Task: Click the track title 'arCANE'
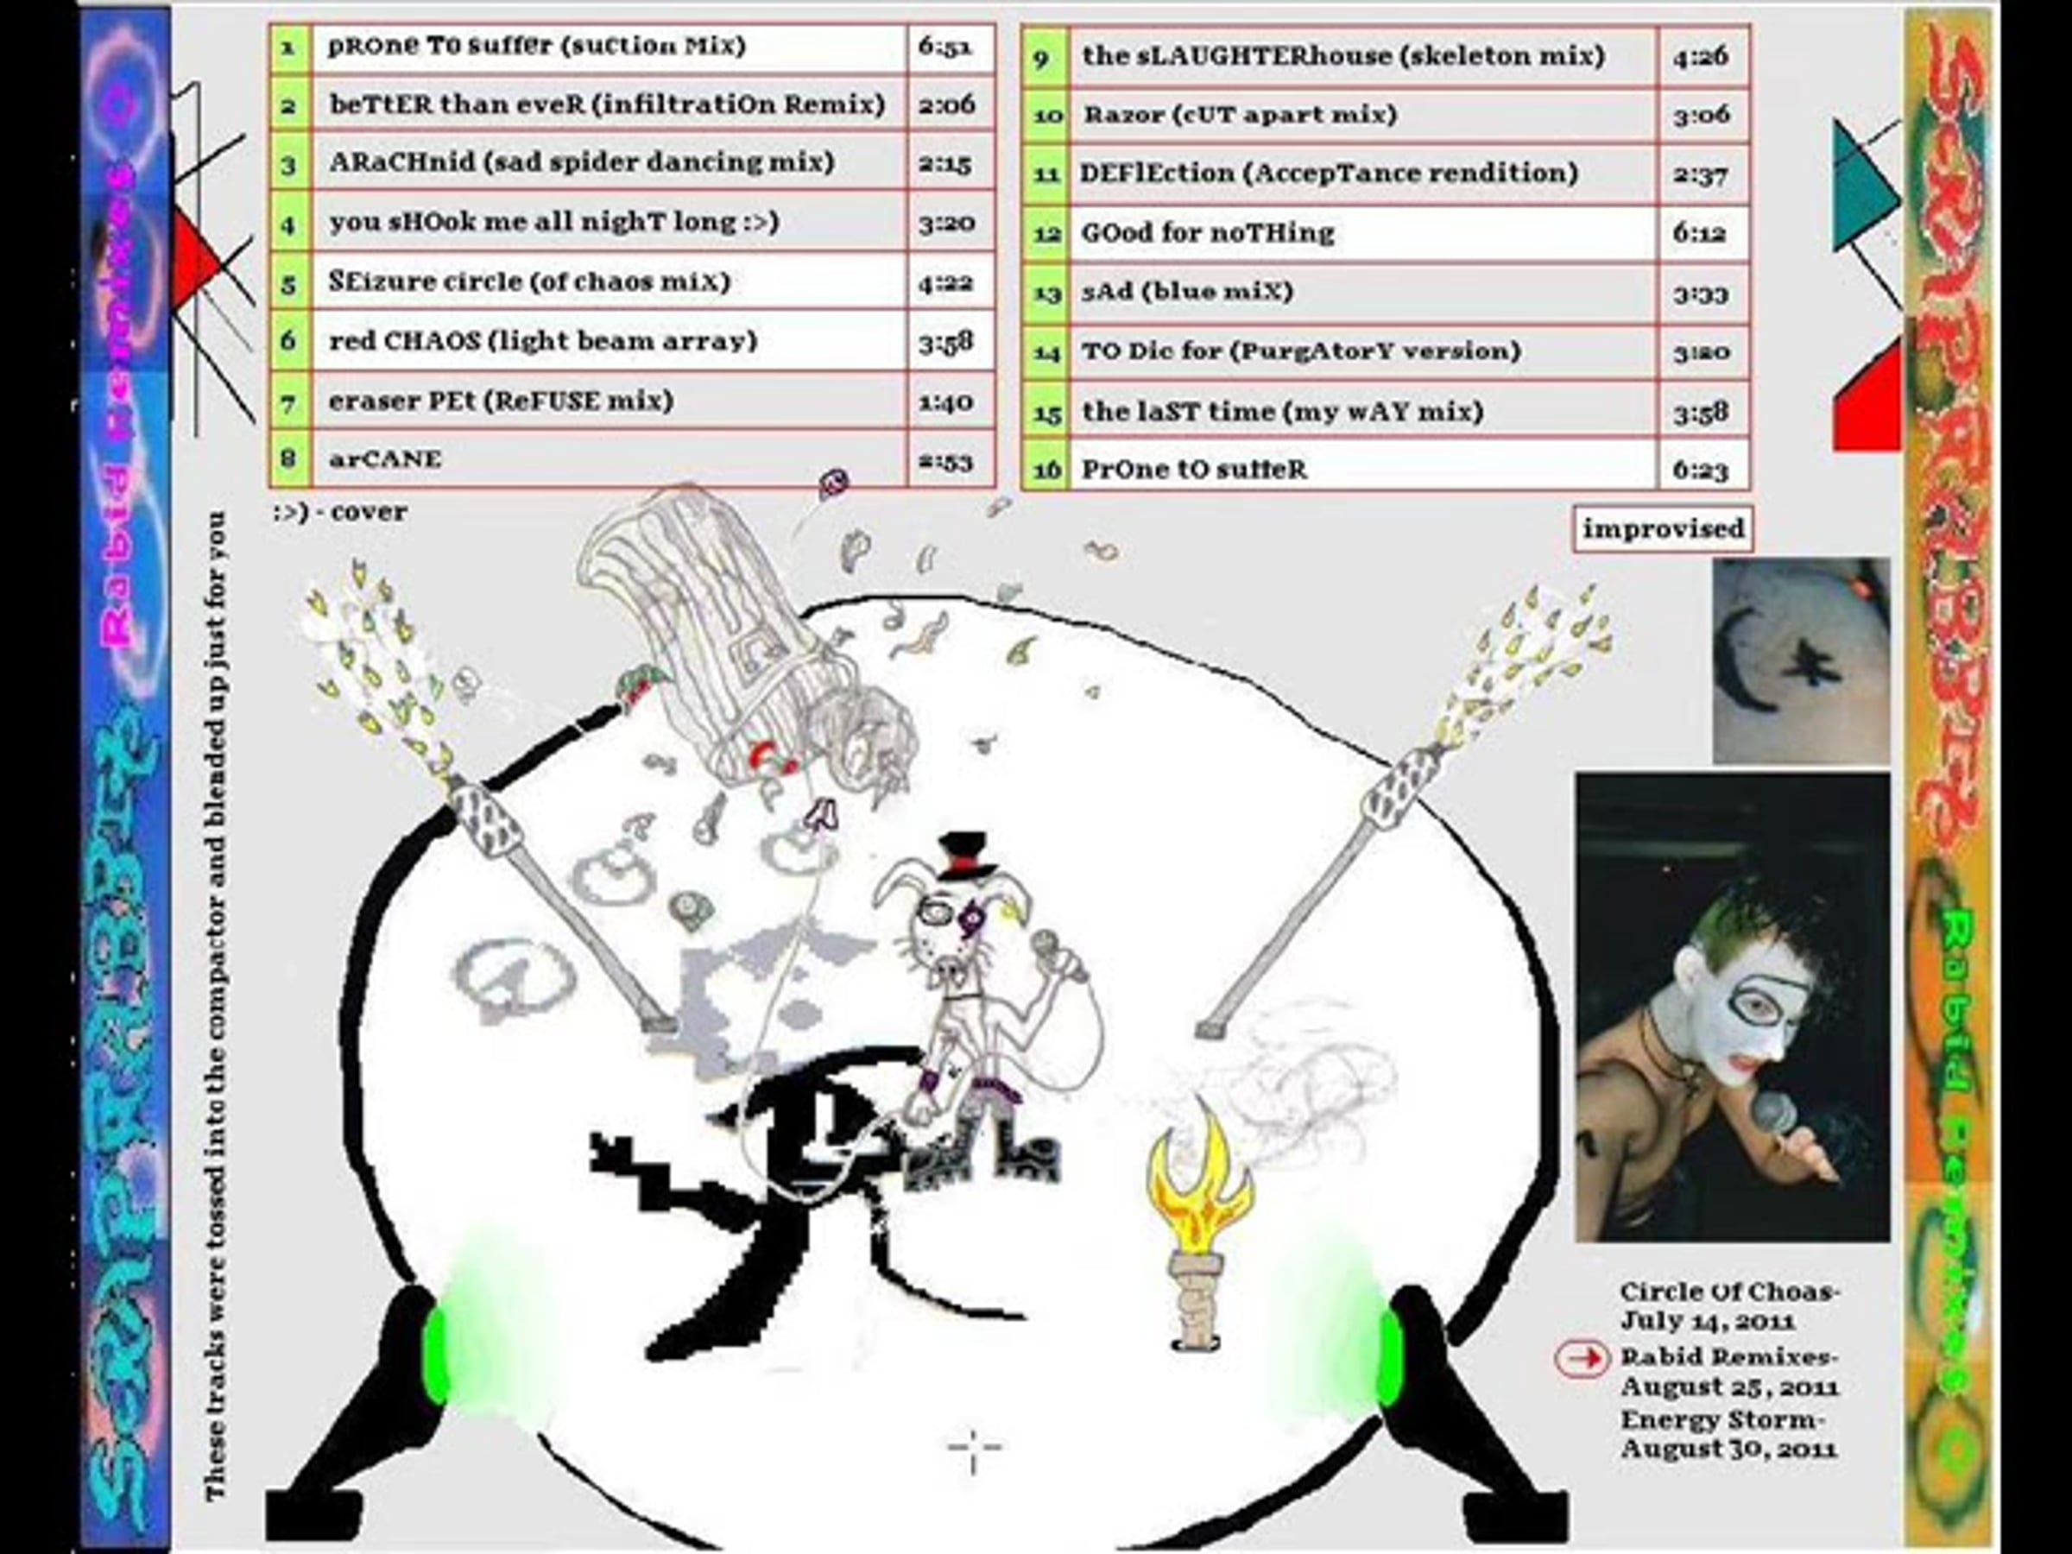384,459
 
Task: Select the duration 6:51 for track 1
944,47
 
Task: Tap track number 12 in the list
1046,233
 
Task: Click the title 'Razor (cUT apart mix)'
1241,115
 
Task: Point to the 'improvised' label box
1663,529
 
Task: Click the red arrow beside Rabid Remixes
1582,1359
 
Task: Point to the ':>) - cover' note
340,512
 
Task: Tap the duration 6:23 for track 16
1700,470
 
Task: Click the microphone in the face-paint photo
1774,1116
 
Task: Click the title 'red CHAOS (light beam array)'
543,341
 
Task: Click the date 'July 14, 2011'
1708,1322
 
